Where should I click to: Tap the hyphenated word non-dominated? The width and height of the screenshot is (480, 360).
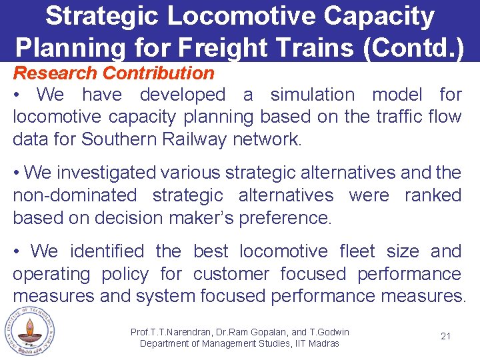(73, 195)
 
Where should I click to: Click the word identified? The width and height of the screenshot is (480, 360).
(107, 251)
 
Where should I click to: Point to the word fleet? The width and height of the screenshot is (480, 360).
(357, 251)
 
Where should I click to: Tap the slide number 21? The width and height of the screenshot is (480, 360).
(446, 336)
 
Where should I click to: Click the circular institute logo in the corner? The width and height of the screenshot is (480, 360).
(29, 331)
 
